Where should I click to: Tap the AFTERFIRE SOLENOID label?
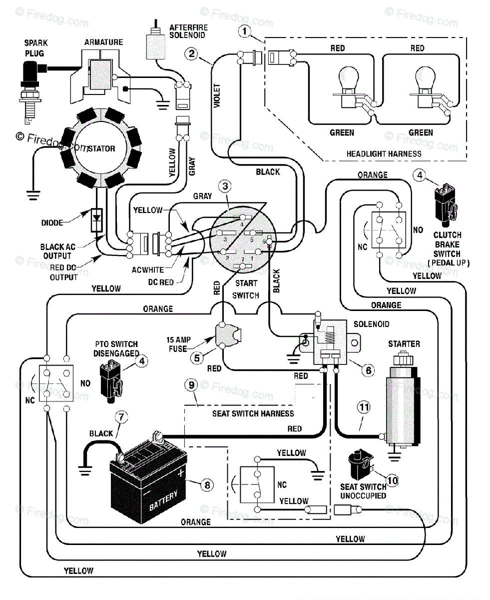pyautogui.click(x=188, y=31)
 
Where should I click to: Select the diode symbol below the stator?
pyautogui.click(x=96, y=220)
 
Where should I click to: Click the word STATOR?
pyautogui.click(x=101, y=148)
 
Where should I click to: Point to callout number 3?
pyautogui.click(x=225, y=186)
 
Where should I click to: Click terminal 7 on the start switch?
pyautogui.click(x=242, y=265)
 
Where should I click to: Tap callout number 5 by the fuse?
pyautogui.click(x=197, y=358)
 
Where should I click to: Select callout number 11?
pyautogui.click(x=364, y=407)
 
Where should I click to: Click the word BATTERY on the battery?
pyautogui.click(x=163, y=500)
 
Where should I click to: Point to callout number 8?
pyautogui.click(x=207, y=485)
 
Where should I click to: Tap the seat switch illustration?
pyautogui.click(x=360, y=464)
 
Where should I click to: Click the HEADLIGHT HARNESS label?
pyautogui.click(x=384, y=154)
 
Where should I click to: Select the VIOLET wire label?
pyautogui.click(x=217, y=95)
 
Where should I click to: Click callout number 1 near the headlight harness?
pyautogui.click(x=244, y=31)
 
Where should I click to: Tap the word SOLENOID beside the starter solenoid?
pyautogui.click(x=371, y=324)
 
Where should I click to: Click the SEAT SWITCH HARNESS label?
pyautogui.click(x=253, y=413)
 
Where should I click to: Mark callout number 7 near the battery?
pyautogui.click(x=121, y=417)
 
